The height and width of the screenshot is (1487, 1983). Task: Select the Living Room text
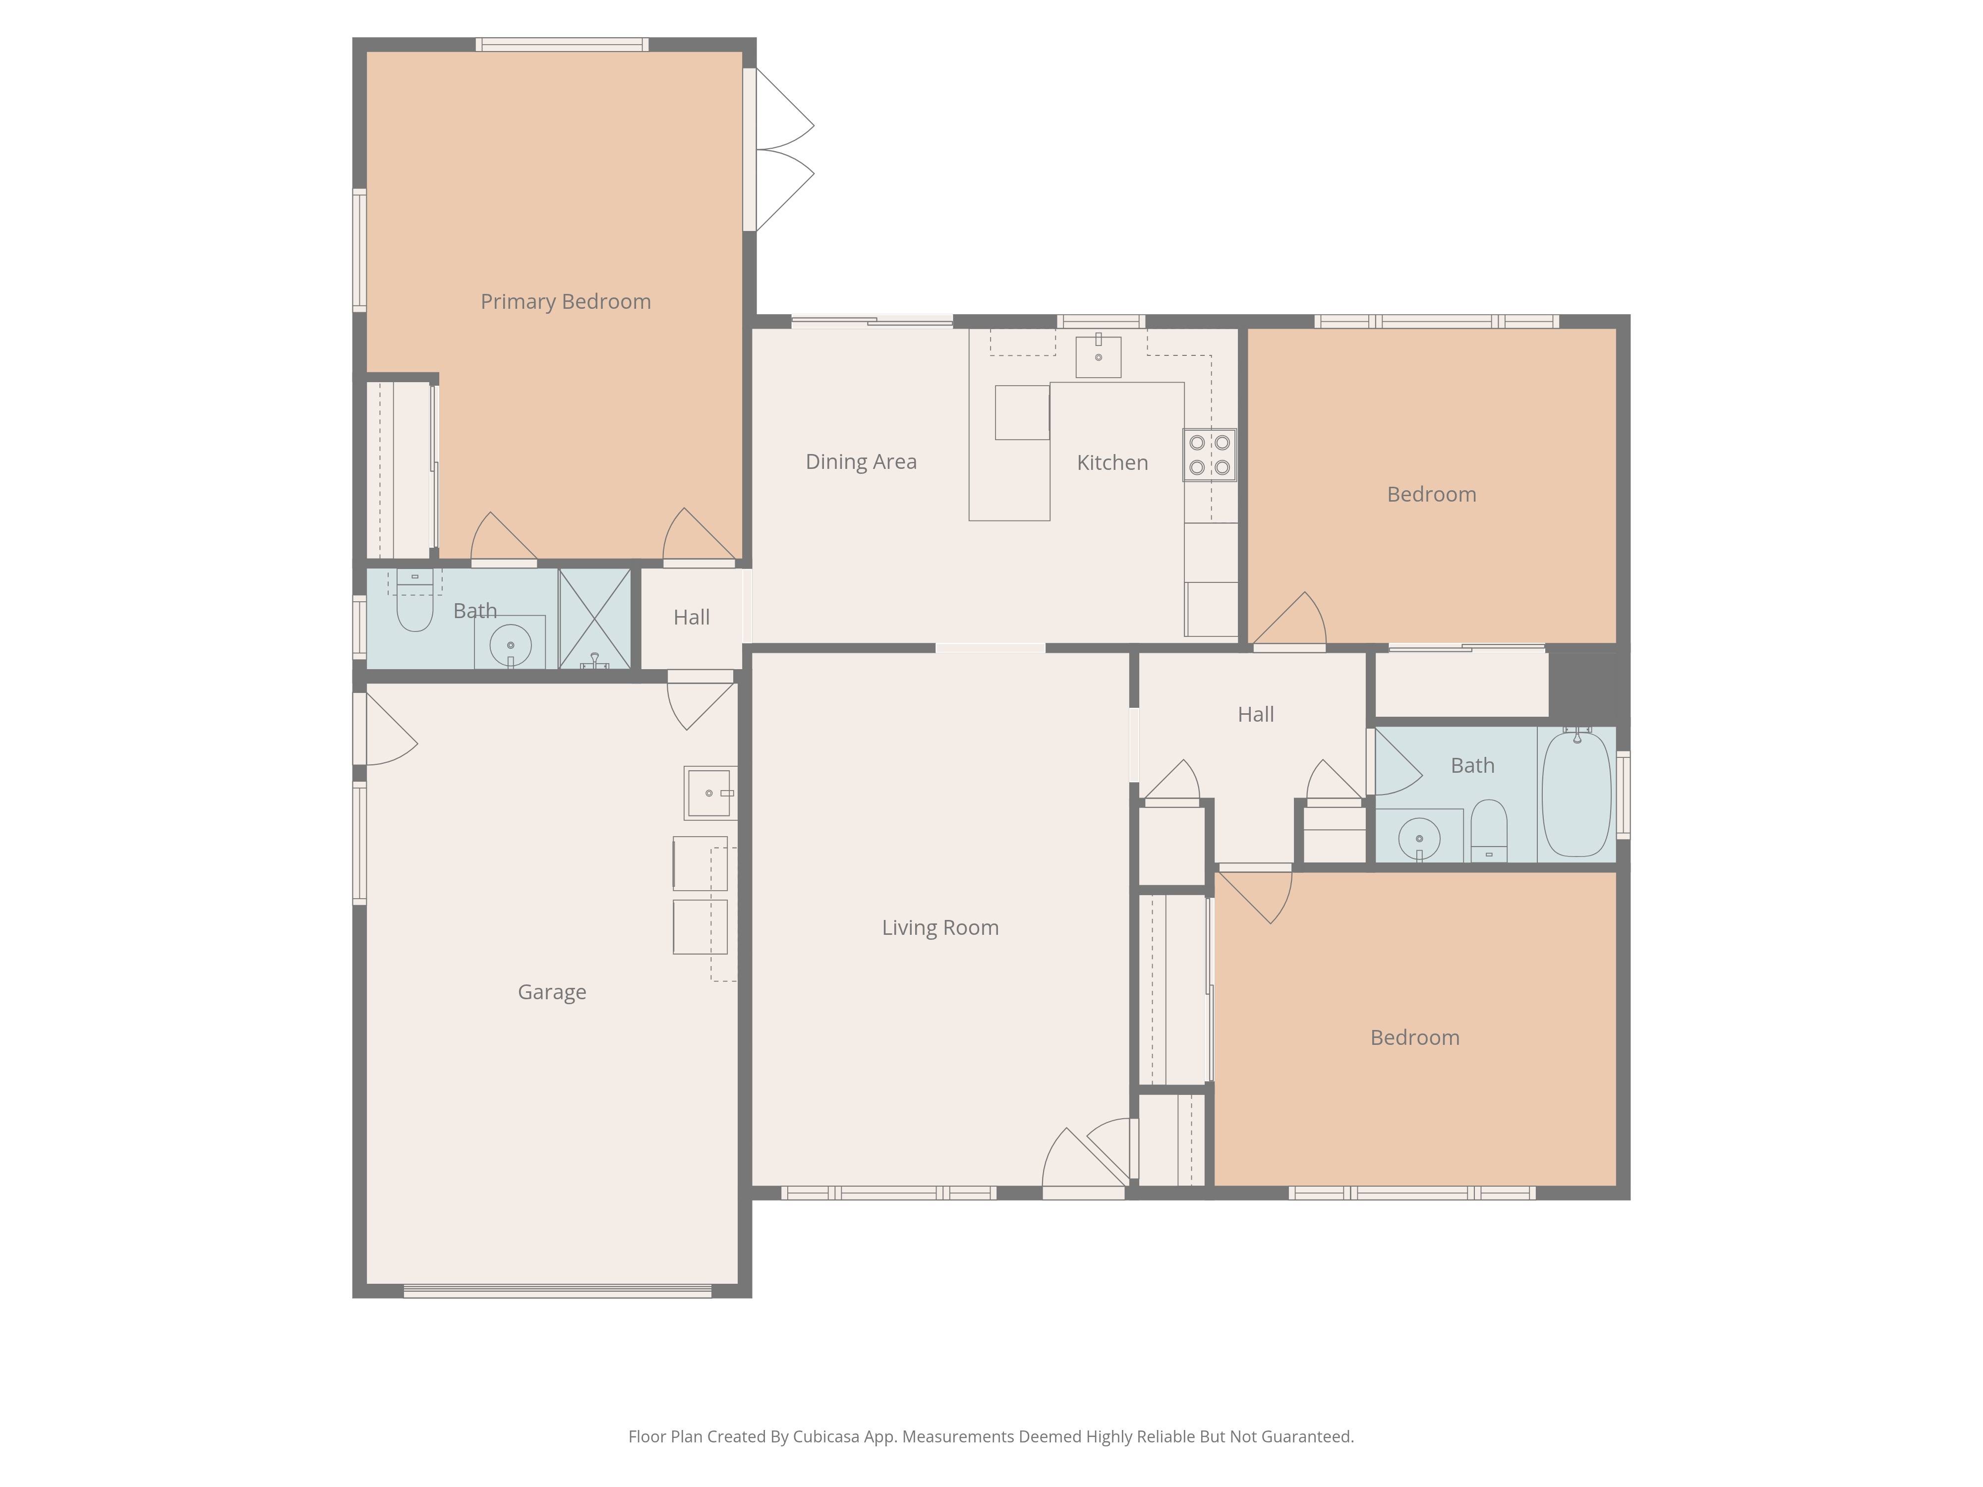pyautogui.click(x=939, y=928)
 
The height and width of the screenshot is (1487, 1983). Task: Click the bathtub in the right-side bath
pyautogui.click(x=1576, y=794)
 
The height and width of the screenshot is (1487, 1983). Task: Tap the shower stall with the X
pyautogui.click(x=594, y=619)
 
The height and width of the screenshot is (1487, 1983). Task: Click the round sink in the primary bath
pyautogui.click(x=510, y=643)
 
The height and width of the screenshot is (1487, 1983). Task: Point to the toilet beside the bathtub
pyautogui.click(x=1489, y=829)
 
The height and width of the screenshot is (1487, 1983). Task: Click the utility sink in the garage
pyautogui.click(x=708, y=793)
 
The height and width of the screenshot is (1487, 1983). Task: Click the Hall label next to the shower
pyautogui.click(x=691, y=618)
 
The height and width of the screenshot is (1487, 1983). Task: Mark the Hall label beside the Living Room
pyautogui.click(x=1255, y=714)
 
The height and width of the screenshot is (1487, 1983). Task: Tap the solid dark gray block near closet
pyautogui.click(x=1588, y=683)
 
